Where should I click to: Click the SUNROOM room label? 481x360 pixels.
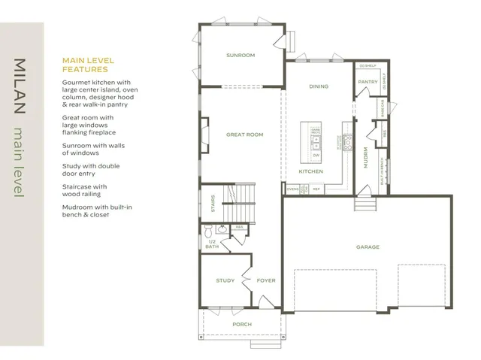click(x=240, y=55)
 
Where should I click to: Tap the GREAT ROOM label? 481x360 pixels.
click(x=244, y=135)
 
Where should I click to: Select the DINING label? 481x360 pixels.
click(x=319, y=86)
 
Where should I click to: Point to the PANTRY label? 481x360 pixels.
click(x=368, y=81)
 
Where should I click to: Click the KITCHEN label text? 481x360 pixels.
click(x=310, y=171)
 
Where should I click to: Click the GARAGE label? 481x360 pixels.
click(x=367, y=247)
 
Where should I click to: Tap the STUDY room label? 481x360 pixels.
click(x=225, y=280)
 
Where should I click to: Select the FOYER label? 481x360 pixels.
click(x=266, y=280)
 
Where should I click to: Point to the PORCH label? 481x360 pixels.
click(x=241, y=324)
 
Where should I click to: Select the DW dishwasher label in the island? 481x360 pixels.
click(x=316, y=155)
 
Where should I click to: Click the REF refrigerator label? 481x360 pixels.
click(x=316, y=189)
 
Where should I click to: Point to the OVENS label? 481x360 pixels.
click(x=292, y=189)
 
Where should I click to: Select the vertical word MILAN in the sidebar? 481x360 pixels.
click(x=20, y=86)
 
